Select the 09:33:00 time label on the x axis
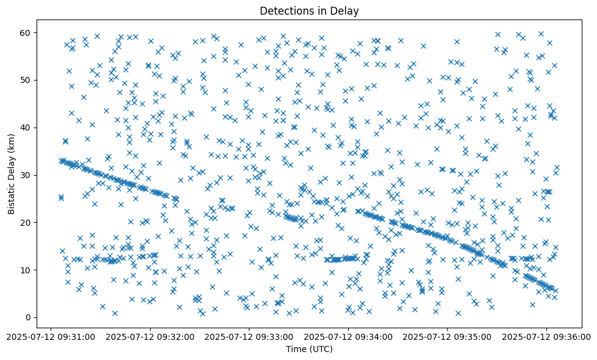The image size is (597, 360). [x=250, y=336]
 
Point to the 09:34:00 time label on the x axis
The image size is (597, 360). [x=349, y=336]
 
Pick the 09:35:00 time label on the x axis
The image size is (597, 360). [x=448, y=336]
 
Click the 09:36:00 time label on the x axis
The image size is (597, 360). [x=546, y=336]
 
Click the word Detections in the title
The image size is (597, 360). [x=284, y=11]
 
